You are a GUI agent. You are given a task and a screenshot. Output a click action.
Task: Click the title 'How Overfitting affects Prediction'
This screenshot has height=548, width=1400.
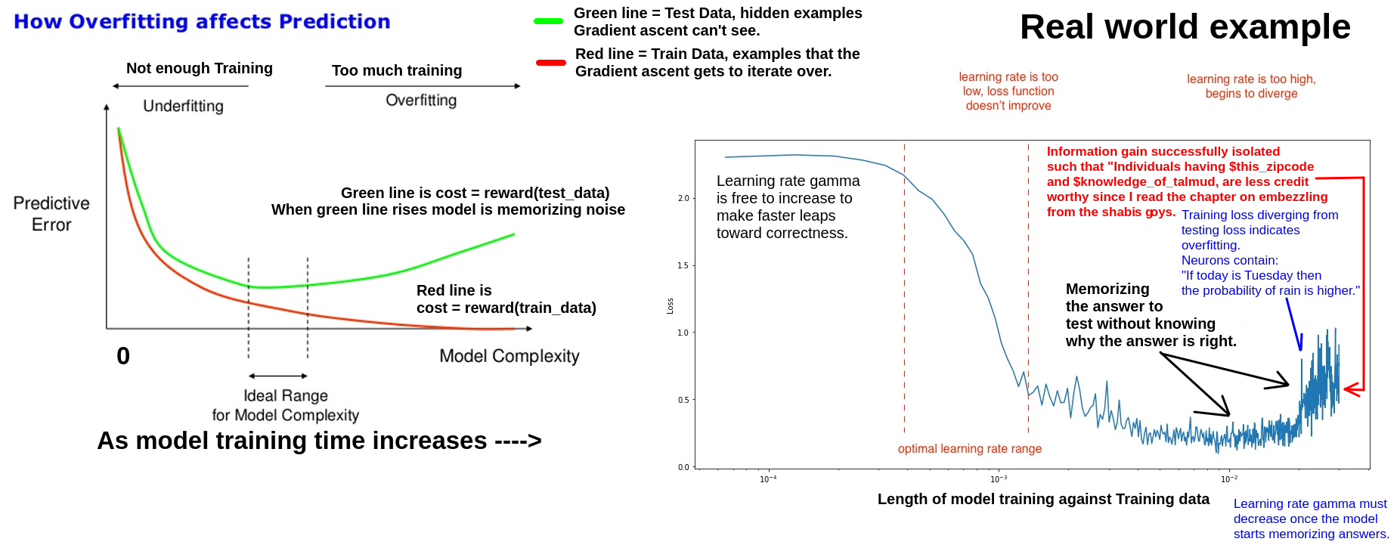pyautogui.click(x=202, y=22)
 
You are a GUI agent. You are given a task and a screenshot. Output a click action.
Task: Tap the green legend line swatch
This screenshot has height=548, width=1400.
pyautogui.click(x=548, y=21)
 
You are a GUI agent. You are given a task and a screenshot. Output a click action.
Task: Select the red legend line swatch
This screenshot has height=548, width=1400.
pyautogui.click(x=550, y=63)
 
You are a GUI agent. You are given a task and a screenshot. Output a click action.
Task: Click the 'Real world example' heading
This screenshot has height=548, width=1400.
pyautogui.click(x=1185, y=27)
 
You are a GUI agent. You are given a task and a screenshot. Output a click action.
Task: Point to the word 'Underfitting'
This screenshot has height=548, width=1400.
pyautogui.click(x=183, y=106)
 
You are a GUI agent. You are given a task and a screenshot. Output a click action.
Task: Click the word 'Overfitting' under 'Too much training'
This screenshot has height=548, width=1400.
pyautogui.click(x=421, y=101)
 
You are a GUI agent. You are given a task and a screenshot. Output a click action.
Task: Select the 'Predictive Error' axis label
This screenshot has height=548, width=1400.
pyautogui.click(x=51, y=214)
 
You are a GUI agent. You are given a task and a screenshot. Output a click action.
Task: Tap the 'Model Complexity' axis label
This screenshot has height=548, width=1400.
pyautogui.click(x=509, y=356)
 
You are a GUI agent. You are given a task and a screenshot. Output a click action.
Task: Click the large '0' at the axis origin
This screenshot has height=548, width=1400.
pyautogui.click(x=123, y=356)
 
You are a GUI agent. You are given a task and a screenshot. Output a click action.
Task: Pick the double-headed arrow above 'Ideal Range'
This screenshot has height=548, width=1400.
pyautogui.click(x=278, y=376)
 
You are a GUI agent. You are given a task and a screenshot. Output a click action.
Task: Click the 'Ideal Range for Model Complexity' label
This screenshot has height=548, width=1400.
pyautogui.click(x=285, y=405)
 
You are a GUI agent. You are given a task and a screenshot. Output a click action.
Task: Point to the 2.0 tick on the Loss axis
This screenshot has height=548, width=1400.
pyautogui.click(x=683, y=198)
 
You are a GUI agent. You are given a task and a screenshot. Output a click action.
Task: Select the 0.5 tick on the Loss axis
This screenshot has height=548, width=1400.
pyautogui.click(x=683, y=400)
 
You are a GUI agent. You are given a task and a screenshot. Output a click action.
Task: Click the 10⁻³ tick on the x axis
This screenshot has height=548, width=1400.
pyautogui.click(x=998, y=478)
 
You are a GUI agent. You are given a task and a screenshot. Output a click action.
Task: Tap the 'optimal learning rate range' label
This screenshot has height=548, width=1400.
pyautogui.click(x=969, y=449)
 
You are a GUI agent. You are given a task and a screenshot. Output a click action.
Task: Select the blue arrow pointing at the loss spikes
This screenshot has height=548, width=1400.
pyautogui.click(x=1293, y=324)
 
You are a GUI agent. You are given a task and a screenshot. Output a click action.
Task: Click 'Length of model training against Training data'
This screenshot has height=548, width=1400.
pyautogui.click(x=1043, y=499)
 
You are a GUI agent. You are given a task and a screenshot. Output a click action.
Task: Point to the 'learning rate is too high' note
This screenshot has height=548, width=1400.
pyautogui.click(x=1251, y=86)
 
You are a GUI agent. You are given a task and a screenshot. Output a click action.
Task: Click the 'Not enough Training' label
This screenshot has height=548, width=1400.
pyautogui.click(x=199, y=68)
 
